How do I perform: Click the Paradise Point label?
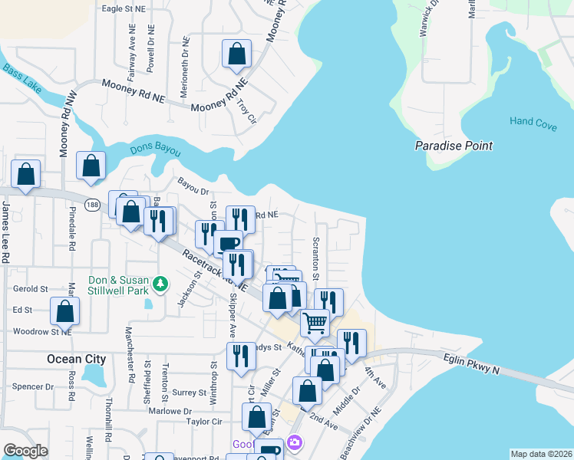click(x=453, y=146)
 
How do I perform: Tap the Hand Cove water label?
click(x=533, y=122)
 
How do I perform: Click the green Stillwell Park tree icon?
click(x=160, y=284)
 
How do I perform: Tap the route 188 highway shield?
click(x=93, y=205)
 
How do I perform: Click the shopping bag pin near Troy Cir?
click(x=237, y=54)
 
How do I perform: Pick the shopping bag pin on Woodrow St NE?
click(x=65, y=311)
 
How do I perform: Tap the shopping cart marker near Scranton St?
click(x=315, y=324)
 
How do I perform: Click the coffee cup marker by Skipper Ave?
click(x=229, y=244)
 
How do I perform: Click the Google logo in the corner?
click(x=25, y=451)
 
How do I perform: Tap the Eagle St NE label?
click(x=123, y=8)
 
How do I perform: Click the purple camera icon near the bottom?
click(x=294, y=443)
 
